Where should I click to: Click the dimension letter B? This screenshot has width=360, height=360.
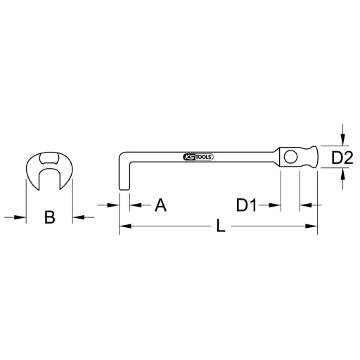pyautogui.click(x=49, y=217)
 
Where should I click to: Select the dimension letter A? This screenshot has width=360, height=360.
pyautogui.click(x=160, y=205)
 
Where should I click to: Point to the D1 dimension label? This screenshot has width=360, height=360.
pyautogui.click(x=247, y=205)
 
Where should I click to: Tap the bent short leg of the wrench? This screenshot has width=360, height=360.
pyautogui.click(x=122, y=173)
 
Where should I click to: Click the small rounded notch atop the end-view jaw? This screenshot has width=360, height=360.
pyautogui.click(x=49, y=157)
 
